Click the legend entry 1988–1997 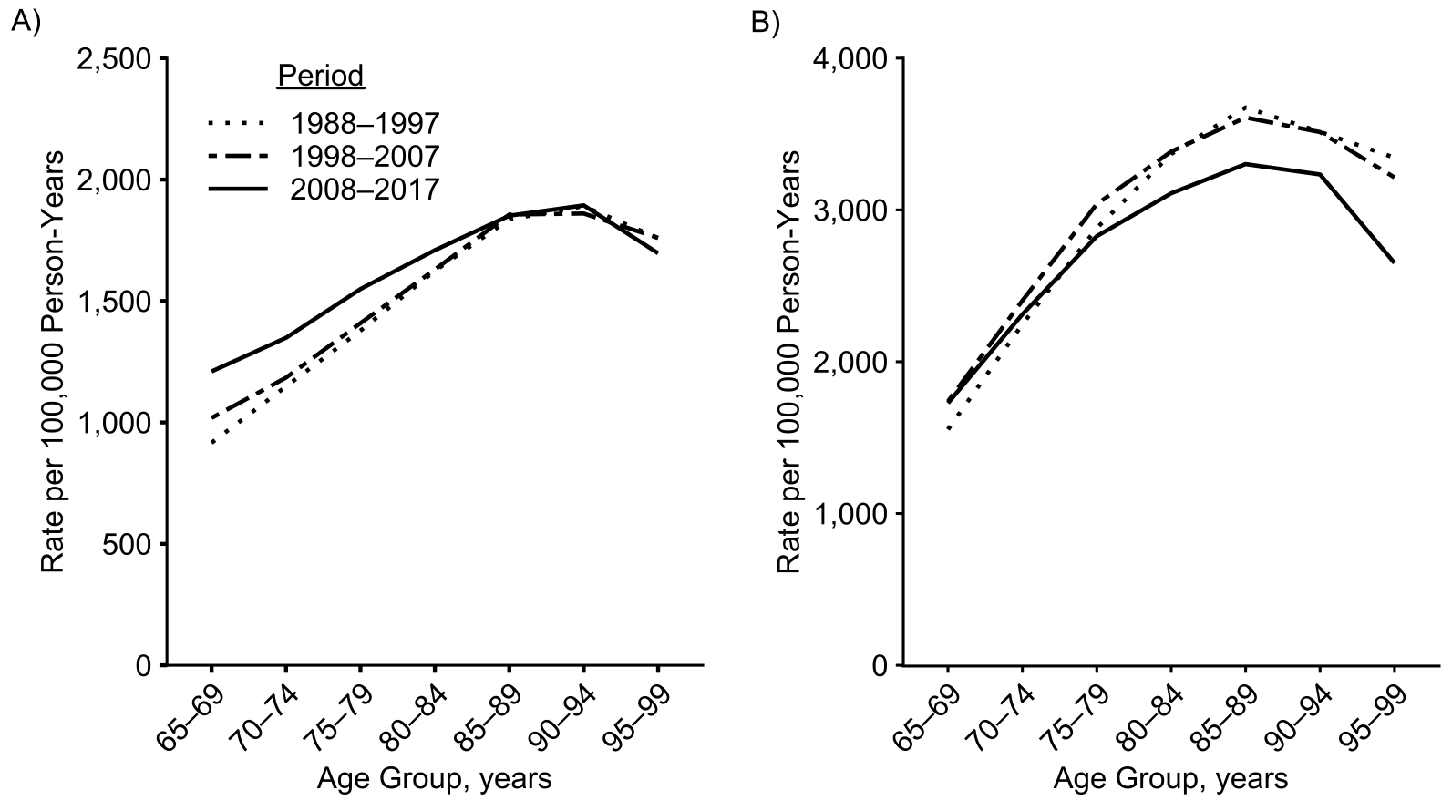coord(366,124)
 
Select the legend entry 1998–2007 coord(366,157)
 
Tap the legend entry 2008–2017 coord(366,190)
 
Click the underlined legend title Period coord(321,76)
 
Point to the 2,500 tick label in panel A coord(115,58)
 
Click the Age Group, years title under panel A coord(434,780)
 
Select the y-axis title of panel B coord(788,362)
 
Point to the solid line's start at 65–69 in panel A coord(211,371)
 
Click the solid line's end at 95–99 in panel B coord(1394,262)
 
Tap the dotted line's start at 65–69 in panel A coord(211,443)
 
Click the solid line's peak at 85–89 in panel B coord(1245,164)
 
